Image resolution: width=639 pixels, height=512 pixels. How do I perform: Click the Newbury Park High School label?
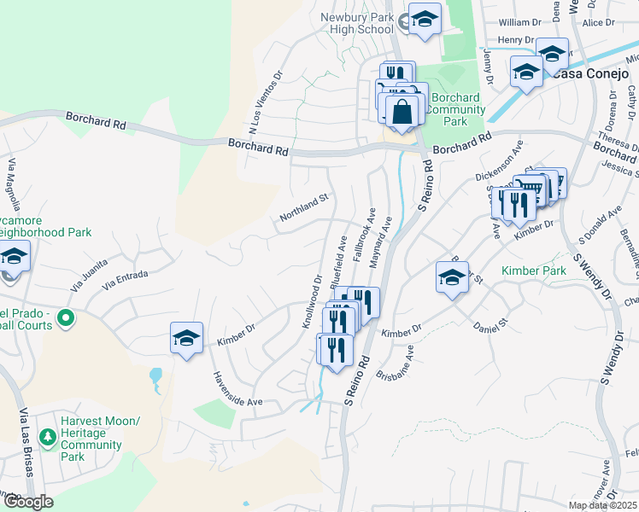tap(357, 23)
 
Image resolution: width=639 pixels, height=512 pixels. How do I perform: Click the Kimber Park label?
tap(534, 271)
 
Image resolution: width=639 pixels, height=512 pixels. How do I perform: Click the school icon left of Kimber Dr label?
tap(186, 339)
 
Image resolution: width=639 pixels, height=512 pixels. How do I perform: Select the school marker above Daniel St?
tap(452, 276)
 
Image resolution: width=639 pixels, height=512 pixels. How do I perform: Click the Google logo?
tap(27, 502)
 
